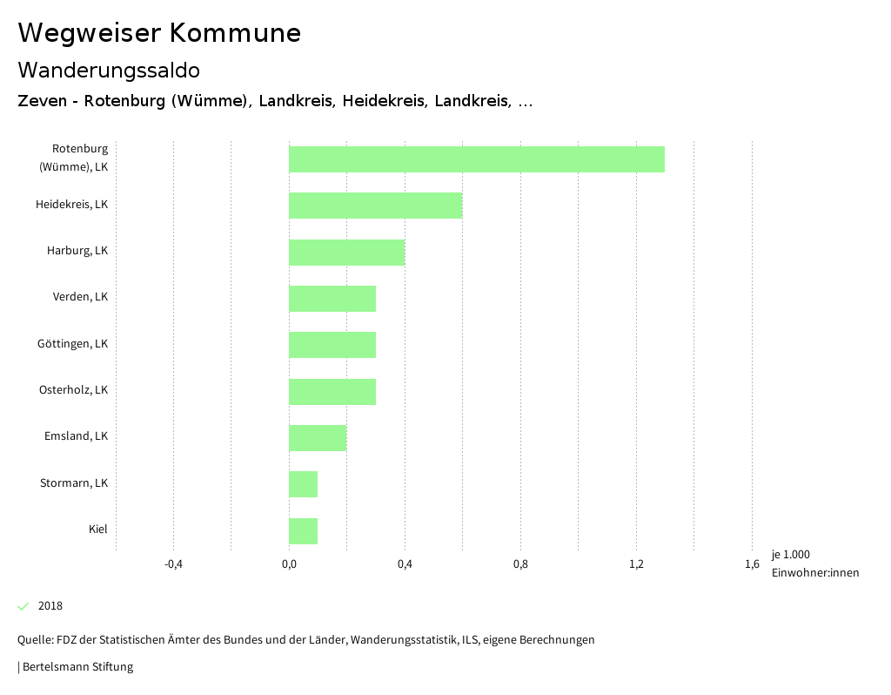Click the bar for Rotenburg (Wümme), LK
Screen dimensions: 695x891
click(x=477, y=159)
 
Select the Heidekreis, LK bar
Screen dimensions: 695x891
click(x=376, y=206)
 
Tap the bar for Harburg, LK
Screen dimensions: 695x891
click(x=347, y=253)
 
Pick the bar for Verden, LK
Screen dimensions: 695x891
click(x=332, y=299)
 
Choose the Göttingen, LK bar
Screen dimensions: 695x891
click(x=332, y=345)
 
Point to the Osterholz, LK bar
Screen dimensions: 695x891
click(x=332, y=392)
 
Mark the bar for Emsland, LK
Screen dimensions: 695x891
click(x=318, y=438)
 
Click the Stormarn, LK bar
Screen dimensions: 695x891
click(x=304, y=484)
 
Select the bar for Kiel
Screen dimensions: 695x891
click(x=304, y=531)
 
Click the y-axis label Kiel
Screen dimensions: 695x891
click(x=98, y=529)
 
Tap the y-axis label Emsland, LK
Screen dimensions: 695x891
click(x=77, y=435)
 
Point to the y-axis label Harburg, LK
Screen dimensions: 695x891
click(x=77, y=250)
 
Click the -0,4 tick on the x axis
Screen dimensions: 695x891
click(x=173, y=564)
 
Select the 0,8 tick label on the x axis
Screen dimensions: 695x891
click(x=520, y=564)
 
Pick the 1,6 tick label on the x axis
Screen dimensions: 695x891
click(x=752, y=564)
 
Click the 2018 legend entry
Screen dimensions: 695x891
click(x=50, y=605)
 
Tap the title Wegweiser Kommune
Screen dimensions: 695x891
click(x=159, y=33)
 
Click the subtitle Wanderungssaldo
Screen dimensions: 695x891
click(x=109, y=70)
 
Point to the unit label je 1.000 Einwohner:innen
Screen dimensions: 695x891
click(x=814, y=563)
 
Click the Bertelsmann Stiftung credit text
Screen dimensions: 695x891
click(x=77, y=667)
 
